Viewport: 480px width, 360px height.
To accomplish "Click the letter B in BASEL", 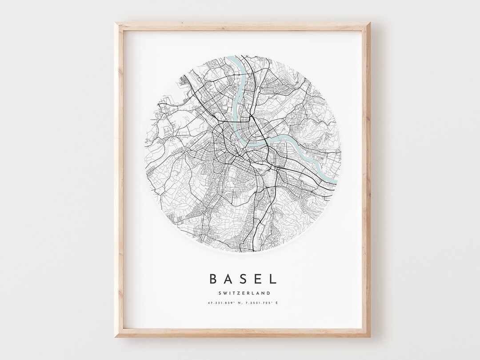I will pyautogui.click(x=213, y=279).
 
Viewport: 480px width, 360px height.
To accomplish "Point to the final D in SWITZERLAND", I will pyautogui.click(x=268, y=292).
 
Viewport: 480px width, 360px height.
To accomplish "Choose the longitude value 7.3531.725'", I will pyautogui.click(x=259, y=304).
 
